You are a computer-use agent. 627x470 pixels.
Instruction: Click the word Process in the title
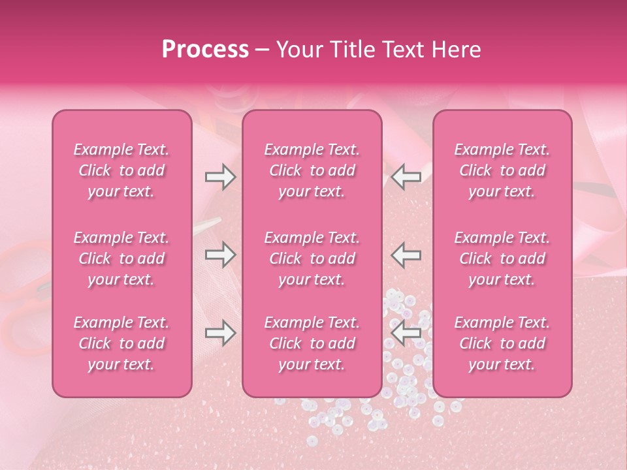pyautogui.click(x=205, y=50)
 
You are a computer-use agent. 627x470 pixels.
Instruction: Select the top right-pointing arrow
pyautogui.click(x=220, y=177)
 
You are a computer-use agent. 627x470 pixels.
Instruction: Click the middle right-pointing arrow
pyautogui.click(x=220, y=255)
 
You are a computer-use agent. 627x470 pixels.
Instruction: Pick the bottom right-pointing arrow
pyautogui.click(x=220, y=334)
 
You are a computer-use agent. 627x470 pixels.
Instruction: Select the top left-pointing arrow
pyautogui.click(x=406, y=177)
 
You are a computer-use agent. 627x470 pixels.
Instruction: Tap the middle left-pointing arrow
pyautogui.click(x=406, y=255)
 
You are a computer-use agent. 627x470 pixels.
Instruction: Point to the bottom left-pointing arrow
pyautogui.click(x=406, y=334)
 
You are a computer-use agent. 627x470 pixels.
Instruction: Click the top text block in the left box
pyautogui.click(x=121, y=170)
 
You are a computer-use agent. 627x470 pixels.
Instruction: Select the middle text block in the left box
pyautogui.click(x=121, y=258)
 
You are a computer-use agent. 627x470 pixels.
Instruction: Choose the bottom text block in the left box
pyautogui.click(x=121, y=343)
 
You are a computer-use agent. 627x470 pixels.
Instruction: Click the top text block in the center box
pyautogui.click(x=312, y=170)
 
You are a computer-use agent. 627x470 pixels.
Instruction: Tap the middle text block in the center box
pyautogui.click(x=312, y=258)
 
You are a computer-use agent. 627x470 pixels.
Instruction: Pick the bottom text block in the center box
pyautogui.click(x=312, y=343)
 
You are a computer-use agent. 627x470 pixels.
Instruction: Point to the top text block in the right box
pyautogui.click(x=502, y=170)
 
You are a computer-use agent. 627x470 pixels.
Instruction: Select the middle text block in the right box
pyautogui.click(x=502, y=258)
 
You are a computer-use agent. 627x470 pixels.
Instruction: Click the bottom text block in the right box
pyautogui.click(x=502, y=343)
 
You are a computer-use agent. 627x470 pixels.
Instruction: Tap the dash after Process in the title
pyautogui.click(x=263, y=50)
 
